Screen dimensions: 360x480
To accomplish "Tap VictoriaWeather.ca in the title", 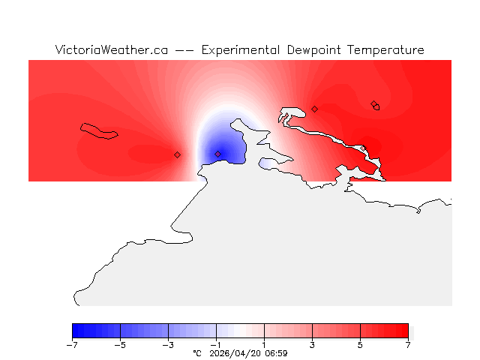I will [x=111, y=50].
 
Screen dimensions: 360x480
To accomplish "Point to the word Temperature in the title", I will [x=387, y=50].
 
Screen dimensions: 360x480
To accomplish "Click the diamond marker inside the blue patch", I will [x=218, y=154].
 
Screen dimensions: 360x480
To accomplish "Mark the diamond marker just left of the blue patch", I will [x=178, y=154].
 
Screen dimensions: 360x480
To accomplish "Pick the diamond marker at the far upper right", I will [x=374, y=104].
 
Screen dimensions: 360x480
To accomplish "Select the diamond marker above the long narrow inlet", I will [x=315, y=109].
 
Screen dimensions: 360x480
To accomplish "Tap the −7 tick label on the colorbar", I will [x=72, y=345].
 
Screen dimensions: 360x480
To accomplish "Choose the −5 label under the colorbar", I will [x=120, y=345].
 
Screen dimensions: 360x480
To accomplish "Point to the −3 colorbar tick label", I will [x=168, y=345].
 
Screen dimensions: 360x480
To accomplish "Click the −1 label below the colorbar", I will [x=216, y=345].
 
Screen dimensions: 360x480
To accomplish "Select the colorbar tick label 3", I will [x=312, y=345].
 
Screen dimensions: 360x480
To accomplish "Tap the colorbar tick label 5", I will [x=360, y=345].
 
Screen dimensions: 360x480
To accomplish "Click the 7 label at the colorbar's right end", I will [x=408, y=345].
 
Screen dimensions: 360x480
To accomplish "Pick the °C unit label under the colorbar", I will [x=197, y=352].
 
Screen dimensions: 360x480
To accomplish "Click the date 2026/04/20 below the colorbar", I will [x=234, y=352].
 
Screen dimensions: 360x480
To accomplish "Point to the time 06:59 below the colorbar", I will [x=275, y=352].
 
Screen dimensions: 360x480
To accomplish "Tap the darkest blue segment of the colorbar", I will [x=76, y=331].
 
